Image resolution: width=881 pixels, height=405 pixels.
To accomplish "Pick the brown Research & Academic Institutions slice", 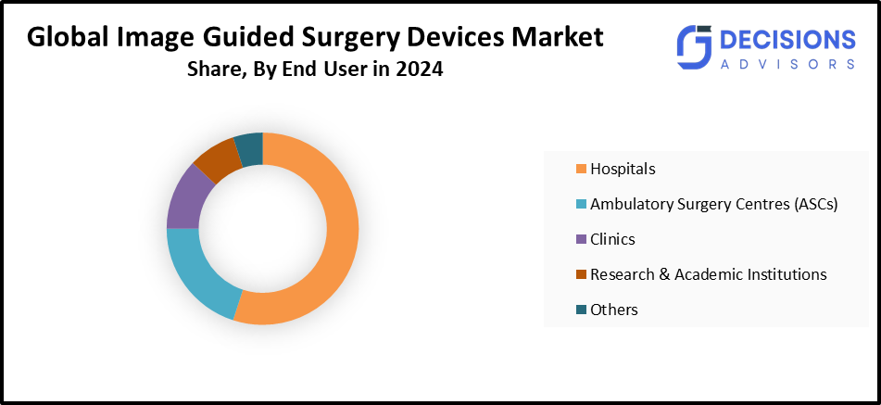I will click(217, 158).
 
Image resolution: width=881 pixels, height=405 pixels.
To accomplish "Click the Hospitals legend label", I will click(623, 169).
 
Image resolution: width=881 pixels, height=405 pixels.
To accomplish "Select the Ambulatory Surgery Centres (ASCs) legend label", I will click(713, 204).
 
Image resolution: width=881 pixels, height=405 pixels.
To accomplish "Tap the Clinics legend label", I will click(612, 239).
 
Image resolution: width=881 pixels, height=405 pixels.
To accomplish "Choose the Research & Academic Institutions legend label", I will click(708, 274).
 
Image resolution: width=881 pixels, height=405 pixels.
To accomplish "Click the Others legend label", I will click(613, 310).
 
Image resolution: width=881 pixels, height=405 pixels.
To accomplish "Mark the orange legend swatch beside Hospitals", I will click(581, 169).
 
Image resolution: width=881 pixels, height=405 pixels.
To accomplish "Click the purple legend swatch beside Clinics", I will click(581, 239).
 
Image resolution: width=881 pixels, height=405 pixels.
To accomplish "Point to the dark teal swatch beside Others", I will click(581, 310).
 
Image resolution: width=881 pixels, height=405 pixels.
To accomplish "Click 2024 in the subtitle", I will click(419, 70).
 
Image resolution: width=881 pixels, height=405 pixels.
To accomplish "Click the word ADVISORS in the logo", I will click(787, 64).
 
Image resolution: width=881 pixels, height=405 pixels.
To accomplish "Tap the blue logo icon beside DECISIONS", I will click(693, 47).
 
